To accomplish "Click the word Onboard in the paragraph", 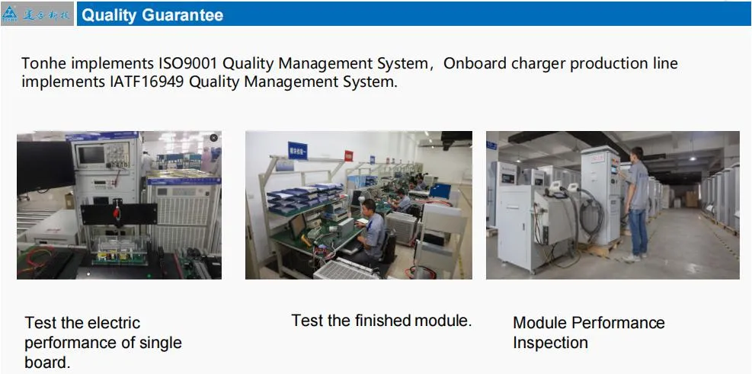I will [x=473, y=63].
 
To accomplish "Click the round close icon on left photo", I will [x=213, y=138].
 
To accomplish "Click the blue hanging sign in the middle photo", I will [x=297, y=151].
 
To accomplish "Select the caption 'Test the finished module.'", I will [x=381, y=321].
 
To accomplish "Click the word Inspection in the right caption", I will [x=550, y=343].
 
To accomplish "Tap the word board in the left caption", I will [x=46, y=363].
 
